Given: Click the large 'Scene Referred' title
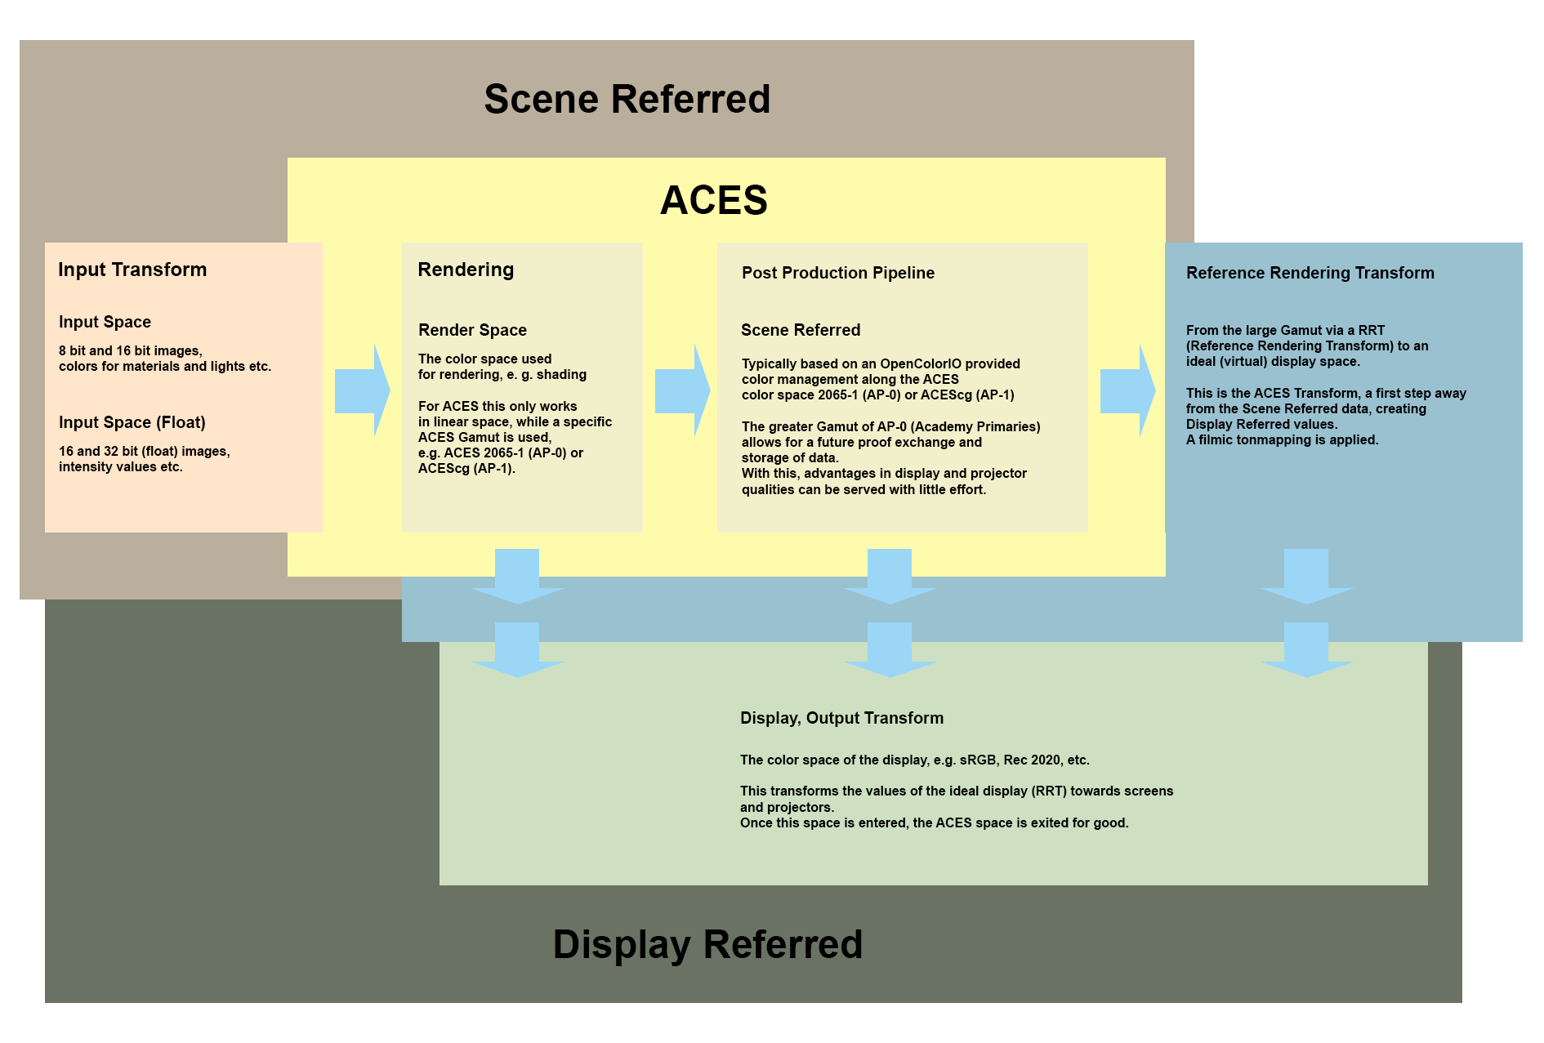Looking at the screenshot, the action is click(x=627, y=99).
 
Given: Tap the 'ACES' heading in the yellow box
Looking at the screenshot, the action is click(x=714, y=200).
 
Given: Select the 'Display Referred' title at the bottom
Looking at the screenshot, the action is click(x=707, y=944).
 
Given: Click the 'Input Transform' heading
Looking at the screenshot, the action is click(x=132, y=270).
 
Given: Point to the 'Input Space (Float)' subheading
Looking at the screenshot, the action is click(x=132, y=422).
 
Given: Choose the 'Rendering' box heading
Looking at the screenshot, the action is click(x=466, y=270).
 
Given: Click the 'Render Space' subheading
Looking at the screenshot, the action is click(x=472, y=330).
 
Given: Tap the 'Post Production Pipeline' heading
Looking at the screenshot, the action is click(x=838, y=273).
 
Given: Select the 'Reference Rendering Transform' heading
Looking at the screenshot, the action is click(x=1310, y=273).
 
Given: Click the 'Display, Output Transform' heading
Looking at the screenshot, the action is click(x=841, y=718).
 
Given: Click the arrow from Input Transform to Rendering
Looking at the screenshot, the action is click(x=362, y=390).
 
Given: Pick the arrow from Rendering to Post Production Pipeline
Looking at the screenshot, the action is click(x=682, y=390).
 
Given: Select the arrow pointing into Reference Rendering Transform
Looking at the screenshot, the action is click(x=1127, y=390).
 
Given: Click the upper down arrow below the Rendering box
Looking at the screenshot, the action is click(x=517, y=576).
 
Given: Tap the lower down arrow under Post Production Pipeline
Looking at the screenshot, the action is click(x=890, y=649).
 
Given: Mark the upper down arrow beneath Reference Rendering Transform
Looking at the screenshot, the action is click(x=1306, y=576).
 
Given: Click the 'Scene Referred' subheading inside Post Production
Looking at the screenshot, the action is click(x=801, y=330).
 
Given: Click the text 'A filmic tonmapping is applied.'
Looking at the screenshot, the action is click(x=1282, y=439).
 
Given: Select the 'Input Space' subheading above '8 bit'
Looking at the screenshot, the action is click(x=105, y=322).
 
